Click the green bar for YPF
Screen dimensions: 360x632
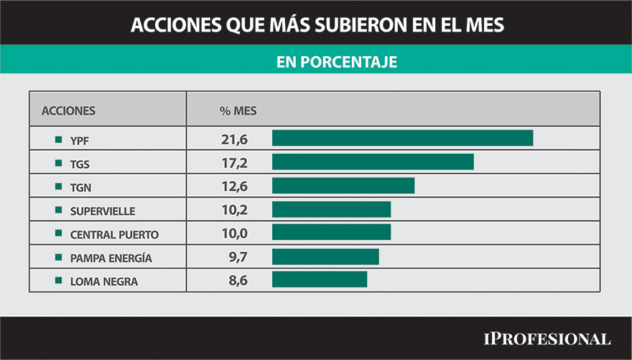click(x=402, y=138)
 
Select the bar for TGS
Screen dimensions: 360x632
click(x=373, y=162)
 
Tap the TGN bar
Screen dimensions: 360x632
click(x=343, y=185)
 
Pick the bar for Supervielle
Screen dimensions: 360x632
click(x=331, y=209)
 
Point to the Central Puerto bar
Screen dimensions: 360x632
click(x=331, y=232)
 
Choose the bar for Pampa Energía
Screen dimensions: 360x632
click(x=325, y=257)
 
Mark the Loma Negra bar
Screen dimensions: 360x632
click(x=320, y=280)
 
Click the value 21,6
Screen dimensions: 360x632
click(x=234, y=139)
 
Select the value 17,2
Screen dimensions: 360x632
click(x=234, y=163)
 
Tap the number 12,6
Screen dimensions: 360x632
click(x=234, y=187)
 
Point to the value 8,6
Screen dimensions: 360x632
click(x=238, y=281)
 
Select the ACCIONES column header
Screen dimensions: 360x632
click(x=68, y=111)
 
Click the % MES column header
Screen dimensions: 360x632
click(x=238, y=111)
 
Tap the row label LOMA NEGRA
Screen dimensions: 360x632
click(x=103, y=282)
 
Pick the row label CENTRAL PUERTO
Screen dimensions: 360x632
click(x=114, y=234)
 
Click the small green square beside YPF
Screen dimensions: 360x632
click(x=58, y=139)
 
